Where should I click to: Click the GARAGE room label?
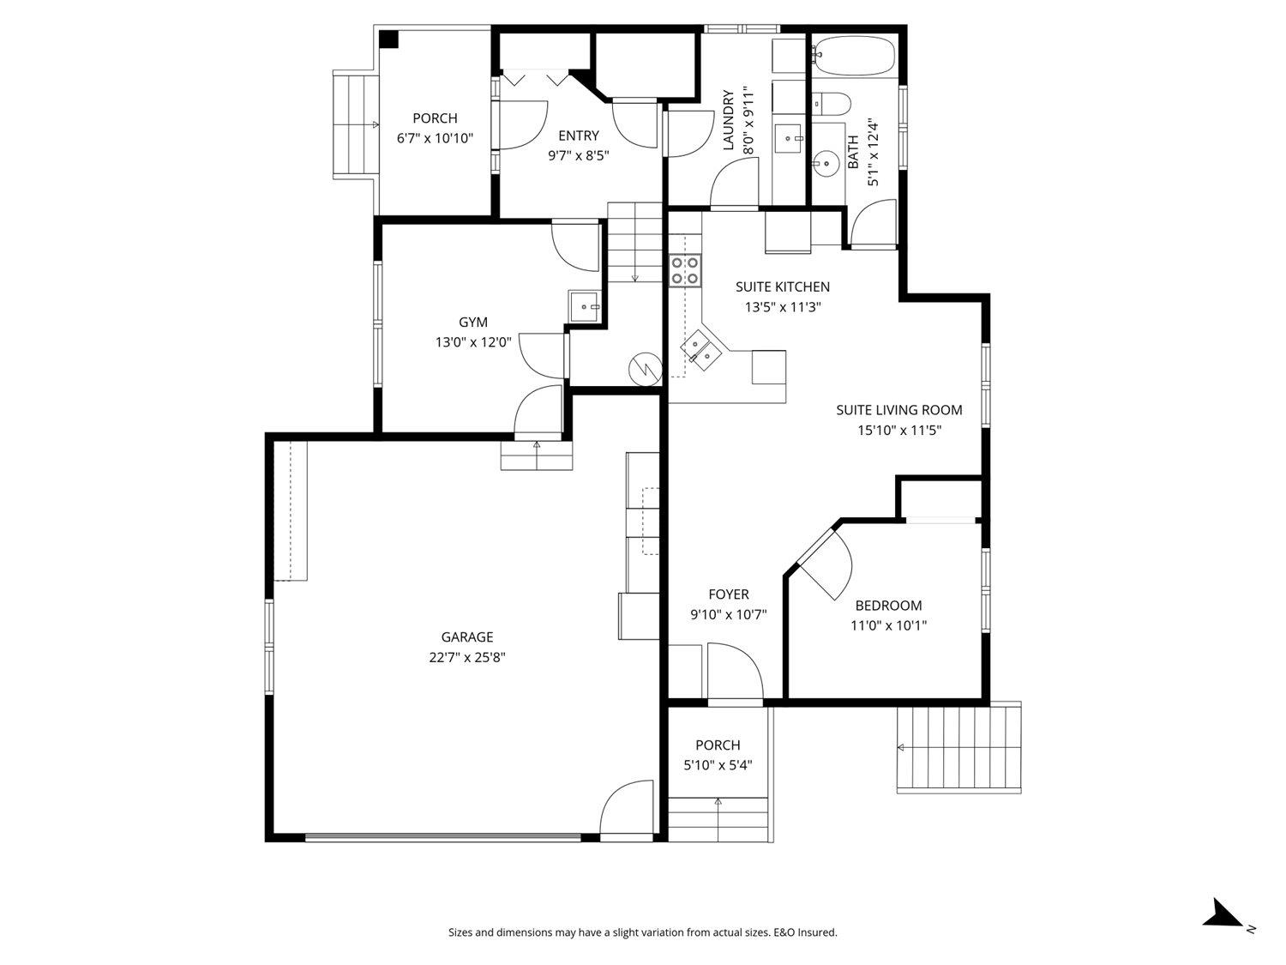coord(466,637)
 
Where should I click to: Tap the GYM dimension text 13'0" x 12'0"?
coord(473,342)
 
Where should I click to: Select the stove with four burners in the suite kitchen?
coord(685,270)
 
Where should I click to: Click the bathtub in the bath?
coord(853,56)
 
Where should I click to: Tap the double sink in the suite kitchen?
coord(700,351)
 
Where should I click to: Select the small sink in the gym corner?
coord(585,305)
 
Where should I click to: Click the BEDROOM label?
coord(888,606)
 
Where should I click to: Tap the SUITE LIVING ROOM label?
coord(899,410)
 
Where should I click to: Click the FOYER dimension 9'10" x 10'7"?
coord(728,615)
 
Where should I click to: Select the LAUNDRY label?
coord(729,120)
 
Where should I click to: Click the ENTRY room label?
coord(578,136)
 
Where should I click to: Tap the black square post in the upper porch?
coord(389,39)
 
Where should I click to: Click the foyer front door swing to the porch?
coord(734,673)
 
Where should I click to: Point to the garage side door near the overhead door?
coord(628,808)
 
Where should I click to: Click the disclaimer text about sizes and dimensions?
coord(642,932)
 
